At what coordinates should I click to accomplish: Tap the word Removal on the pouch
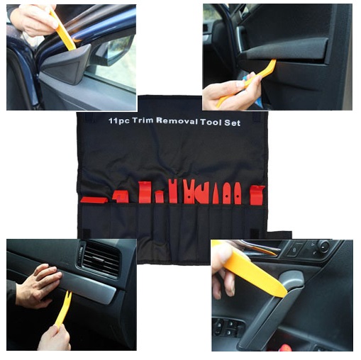(x=177, y=121)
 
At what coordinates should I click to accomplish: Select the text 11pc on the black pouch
(x=119, y=121)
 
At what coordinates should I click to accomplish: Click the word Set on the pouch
(x=233, y=123)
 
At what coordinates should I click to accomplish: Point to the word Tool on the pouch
(x=211, y=122)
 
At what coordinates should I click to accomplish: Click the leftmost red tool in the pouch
(x=94, y=200)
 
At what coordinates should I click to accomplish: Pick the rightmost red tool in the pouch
(x=257, y=195)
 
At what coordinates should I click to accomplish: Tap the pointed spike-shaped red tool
(x=216, y=195)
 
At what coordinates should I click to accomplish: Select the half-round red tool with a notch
(x=202, y=193)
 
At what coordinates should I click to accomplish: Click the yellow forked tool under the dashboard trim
(x=62, y=309)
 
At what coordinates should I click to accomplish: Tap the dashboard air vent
(x=101, y=259)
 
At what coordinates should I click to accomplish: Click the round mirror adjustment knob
(x=323, y=246)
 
